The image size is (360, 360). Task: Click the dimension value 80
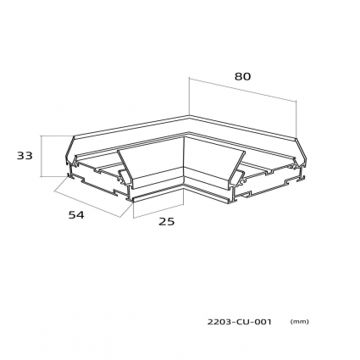coord(242,76)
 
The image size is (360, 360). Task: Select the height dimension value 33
coord(25,156)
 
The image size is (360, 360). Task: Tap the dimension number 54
coord(76,215)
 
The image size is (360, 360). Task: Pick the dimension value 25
coord(167,222)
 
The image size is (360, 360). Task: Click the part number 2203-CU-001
coord(240,322)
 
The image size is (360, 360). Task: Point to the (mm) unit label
coord(300,322)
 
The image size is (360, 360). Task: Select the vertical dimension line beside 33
coord(42,156)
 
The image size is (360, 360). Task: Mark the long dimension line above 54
coord(87,204)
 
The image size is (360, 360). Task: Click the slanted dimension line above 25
coord(158,211)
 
